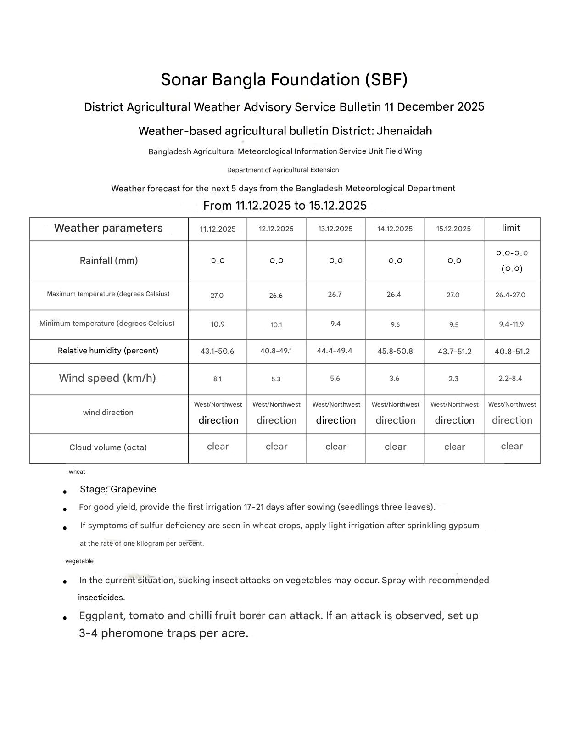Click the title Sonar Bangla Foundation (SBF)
click(x=284, y=80)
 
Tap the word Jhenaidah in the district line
click(x=404, y=131)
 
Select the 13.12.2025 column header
click(x=335, y=229)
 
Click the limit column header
click(x=511, y=228)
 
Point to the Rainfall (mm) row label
click(x=109, y=261)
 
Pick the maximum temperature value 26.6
click(x=276, y=296)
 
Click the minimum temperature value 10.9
click(x=218, y=324)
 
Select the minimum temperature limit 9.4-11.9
click(x=511, y=324)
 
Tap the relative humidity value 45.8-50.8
click(x=395, y=352)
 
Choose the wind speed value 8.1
click(x=217, y=379)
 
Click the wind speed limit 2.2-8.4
click(x=510, y=379)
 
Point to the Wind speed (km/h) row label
click(x=107, y=378)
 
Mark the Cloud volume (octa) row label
click(x=108, y=447)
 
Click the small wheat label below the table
click(x=77, y=472)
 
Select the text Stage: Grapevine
click(x=118, y=489)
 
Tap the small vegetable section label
click(x=79, y=561)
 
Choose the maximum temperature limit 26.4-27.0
click(x=510, y=295)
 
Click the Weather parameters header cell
click(x=108, y=229)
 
